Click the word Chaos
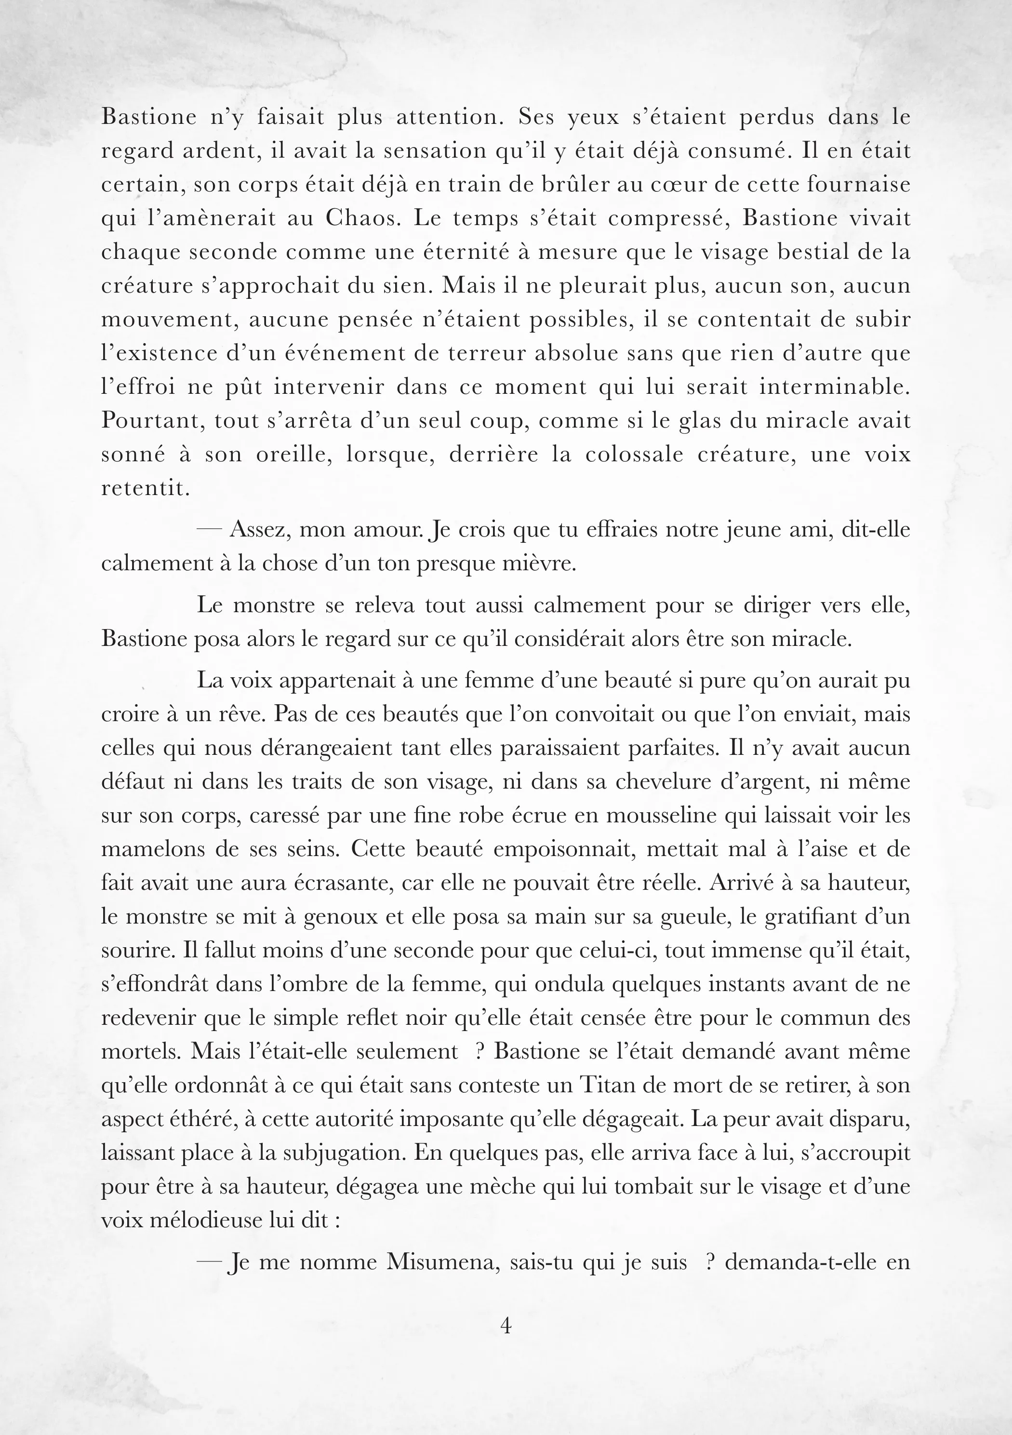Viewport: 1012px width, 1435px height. (361, 218)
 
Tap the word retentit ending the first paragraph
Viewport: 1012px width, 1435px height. (145, 488)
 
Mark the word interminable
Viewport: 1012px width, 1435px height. (835, 387)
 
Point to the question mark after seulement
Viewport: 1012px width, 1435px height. (480, 1051)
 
